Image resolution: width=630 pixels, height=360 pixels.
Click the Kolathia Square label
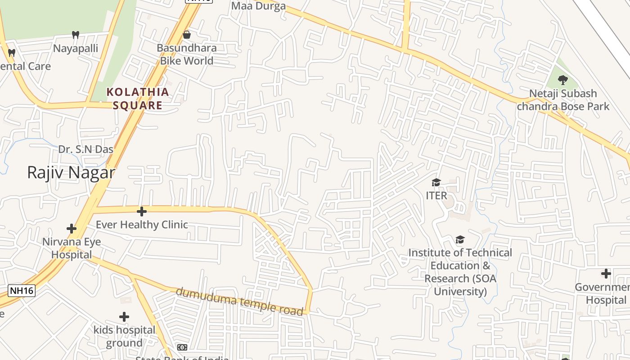coord(138,99)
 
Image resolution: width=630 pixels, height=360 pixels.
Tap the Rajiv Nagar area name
coord(71,172)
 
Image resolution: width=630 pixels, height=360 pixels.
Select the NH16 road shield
coord(22,291)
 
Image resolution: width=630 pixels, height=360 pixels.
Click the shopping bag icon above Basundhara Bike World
coord(186,35)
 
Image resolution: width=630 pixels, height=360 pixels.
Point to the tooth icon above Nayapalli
coord(76,35)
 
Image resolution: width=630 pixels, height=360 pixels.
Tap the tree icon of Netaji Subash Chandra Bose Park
coord(562,81)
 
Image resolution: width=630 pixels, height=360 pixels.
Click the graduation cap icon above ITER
coord(436,182)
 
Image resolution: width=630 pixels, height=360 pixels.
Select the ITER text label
coord(436,196)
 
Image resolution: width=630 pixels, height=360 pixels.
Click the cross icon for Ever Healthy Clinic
coord(142,211)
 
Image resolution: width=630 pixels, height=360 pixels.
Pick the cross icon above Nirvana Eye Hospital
coord(72,229)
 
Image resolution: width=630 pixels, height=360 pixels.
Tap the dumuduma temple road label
coord(239,301)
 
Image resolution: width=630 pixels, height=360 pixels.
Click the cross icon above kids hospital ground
coord(124,317)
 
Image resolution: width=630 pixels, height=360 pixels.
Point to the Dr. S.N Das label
coord(85,149)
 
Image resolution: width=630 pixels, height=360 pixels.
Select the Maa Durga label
coord(258,6)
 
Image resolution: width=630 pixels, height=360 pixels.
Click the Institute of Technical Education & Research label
coord(460,272)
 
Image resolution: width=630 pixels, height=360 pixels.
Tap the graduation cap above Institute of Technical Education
coord(460,239)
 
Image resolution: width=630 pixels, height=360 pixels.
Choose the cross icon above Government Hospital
coord(606,274)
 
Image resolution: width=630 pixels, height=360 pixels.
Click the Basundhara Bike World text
coord(186,54)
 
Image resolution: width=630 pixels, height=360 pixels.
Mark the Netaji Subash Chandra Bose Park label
coord(563,100)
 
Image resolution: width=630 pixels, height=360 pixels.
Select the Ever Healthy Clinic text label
coord(142,225)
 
